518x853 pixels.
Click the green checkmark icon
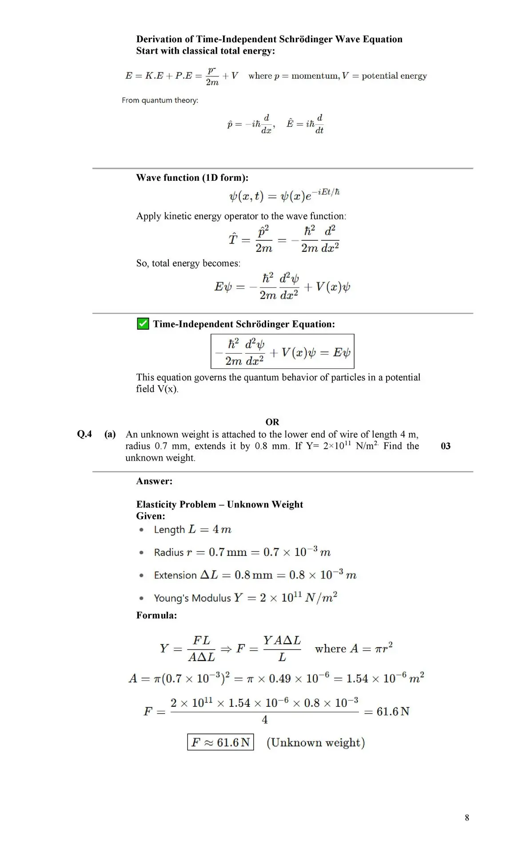tap(143, 323)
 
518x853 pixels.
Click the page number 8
tap(467, 817)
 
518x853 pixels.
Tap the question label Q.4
tap(84, 434)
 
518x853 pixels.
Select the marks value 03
tap(446, 446)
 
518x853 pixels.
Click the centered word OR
tap(272, 422)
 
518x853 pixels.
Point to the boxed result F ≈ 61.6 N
tap(220, 742)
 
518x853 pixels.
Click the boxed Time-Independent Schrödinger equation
tap(282, 351)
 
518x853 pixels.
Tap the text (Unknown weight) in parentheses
tap(315, 742)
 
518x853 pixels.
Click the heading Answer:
tap(154, 481)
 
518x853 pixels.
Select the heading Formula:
tap(156, 615)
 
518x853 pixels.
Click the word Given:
tap(151, 516)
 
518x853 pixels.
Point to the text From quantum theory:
tap(160, 100)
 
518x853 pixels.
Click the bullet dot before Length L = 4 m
tap(141, 530)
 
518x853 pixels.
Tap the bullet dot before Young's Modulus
tap(141, 598)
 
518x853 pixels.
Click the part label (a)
tap(110, 434)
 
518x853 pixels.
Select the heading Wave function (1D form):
tap(192, 178)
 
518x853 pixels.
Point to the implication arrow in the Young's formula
tap(226, 649)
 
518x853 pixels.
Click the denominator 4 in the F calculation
tap(265, 720)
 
